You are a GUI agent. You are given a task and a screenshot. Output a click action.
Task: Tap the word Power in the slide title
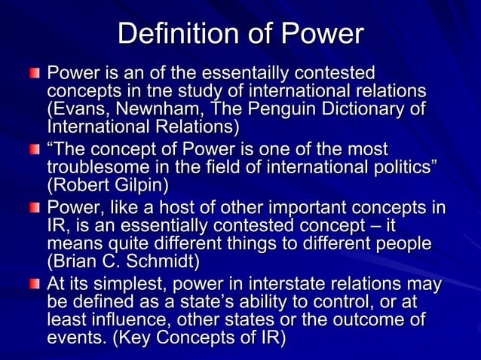pyautogui.click(x=322, y=35)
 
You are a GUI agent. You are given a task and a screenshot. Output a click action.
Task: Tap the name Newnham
pyautogui.click(x=162, y=108)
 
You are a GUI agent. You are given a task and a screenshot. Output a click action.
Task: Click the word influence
pyautogui.click(x=125, y=321)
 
